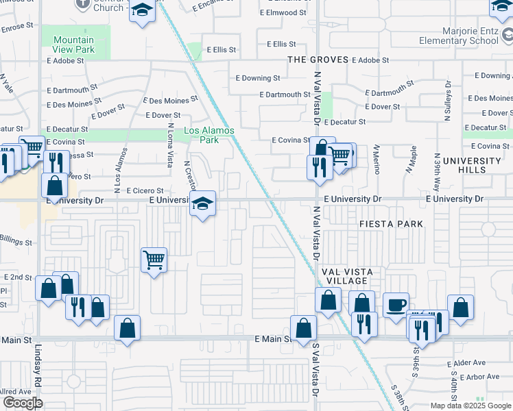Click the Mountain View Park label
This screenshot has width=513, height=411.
pyautogui.click(x=73, y=45)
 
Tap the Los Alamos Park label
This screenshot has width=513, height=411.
pyautogui.click(x=209, y=135)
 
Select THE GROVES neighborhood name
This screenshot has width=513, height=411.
pyautogui.click(x=318, y=60)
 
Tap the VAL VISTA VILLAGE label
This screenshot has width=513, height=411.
pyautogui.click(x=346, y=276)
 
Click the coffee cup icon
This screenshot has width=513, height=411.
pyautogui.click(x=396, y=305)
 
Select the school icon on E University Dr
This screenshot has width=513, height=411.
pyautogui.click(x=202, y=203)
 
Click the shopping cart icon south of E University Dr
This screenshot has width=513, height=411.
pyautogui.click(x=154, y=260)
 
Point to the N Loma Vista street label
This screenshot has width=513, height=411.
pyautogui.click(x=171, y=145)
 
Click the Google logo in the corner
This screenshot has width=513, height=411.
pyautogui.click(x=23, y=402)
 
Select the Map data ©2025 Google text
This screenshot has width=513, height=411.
pyautogui.click(x=470, y=406)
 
